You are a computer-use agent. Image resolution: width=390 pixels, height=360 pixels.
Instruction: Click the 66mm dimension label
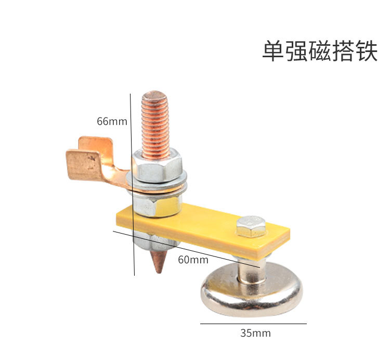coord(112,121)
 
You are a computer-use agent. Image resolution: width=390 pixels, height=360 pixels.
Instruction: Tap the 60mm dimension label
coord(193,259)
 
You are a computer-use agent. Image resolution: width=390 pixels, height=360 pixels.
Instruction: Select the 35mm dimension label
coord(255,333)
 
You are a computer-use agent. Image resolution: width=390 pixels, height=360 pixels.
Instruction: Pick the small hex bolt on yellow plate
coord(251,226)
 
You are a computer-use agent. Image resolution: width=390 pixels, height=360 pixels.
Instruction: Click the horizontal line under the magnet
coord(253,324)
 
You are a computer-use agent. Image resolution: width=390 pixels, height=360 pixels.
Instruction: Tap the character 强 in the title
coord(296,52)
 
